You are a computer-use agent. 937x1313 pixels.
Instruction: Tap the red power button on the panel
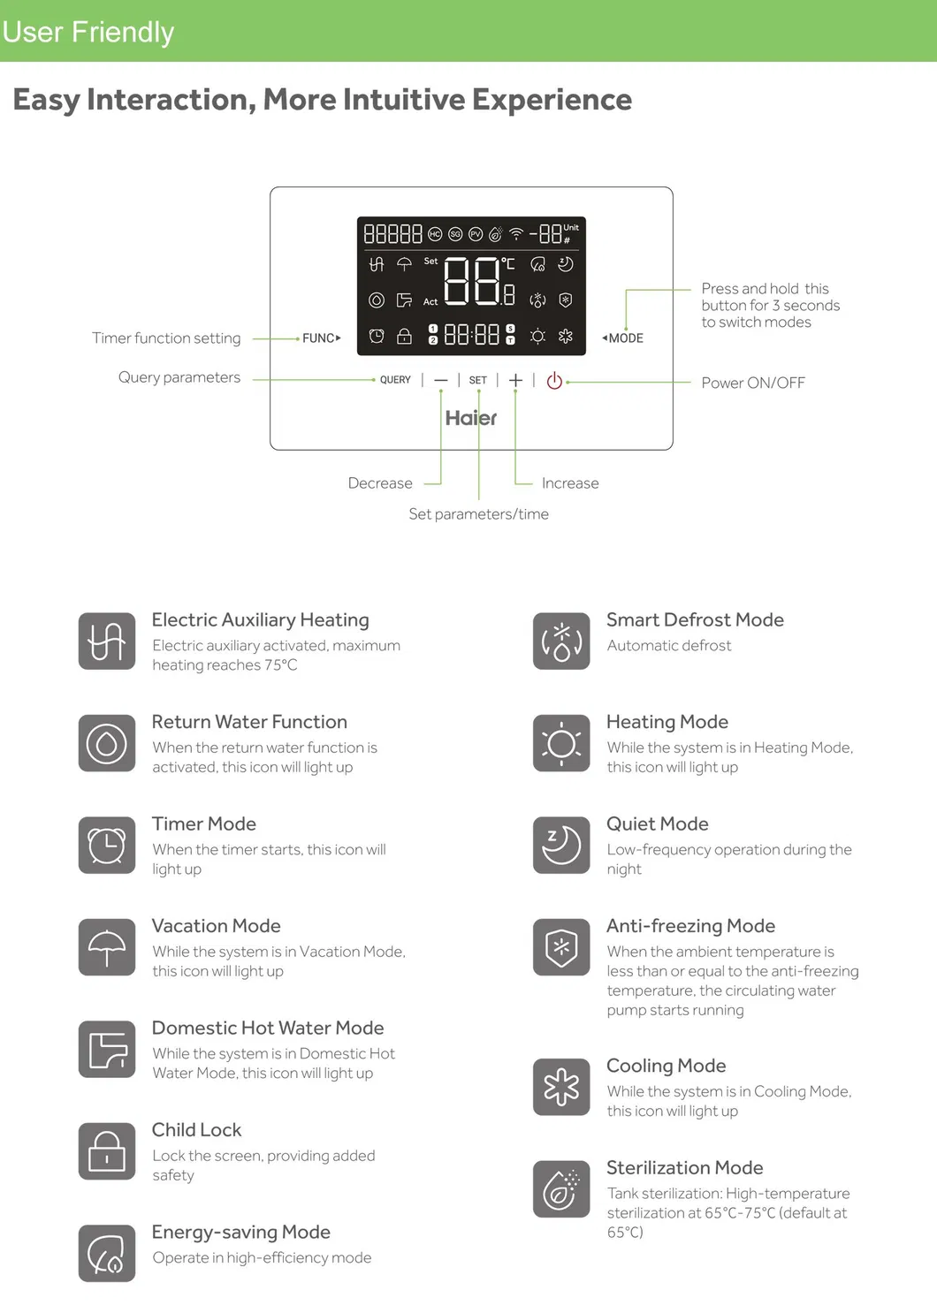coord(554,381)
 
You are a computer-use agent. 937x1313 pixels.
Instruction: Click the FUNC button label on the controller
coord(320,338)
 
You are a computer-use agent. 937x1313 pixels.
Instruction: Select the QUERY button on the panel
coord(395,380)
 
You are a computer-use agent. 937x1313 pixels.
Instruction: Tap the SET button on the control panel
coord(477,380)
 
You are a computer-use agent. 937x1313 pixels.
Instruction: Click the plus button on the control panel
coord(515,380)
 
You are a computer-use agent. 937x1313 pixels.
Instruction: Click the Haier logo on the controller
coord(471,418)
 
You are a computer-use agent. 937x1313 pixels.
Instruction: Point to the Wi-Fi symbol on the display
coord(516,234)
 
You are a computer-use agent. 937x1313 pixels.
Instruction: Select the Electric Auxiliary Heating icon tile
coord(107,641)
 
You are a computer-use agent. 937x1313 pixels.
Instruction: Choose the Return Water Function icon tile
coord(107,743)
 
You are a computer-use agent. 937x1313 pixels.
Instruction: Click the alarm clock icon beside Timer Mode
coord(107,845)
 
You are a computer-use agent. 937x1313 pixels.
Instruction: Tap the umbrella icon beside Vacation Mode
coord(107,947)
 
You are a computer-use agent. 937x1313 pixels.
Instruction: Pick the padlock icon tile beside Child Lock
coord(107,1151)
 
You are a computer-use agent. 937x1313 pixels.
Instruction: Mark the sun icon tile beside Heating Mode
coord(561,743)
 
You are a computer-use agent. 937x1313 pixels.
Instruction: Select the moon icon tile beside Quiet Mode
coord(561,845)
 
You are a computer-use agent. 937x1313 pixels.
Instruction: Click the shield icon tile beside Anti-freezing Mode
coord(561,947)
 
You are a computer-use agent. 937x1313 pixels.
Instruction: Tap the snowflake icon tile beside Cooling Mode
coord(561,1087)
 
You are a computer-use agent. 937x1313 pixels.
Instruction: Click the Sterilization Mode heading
coord(684,1167)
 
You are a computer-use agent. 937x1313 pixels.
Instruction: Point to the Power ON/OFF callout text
coord(753,383)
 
